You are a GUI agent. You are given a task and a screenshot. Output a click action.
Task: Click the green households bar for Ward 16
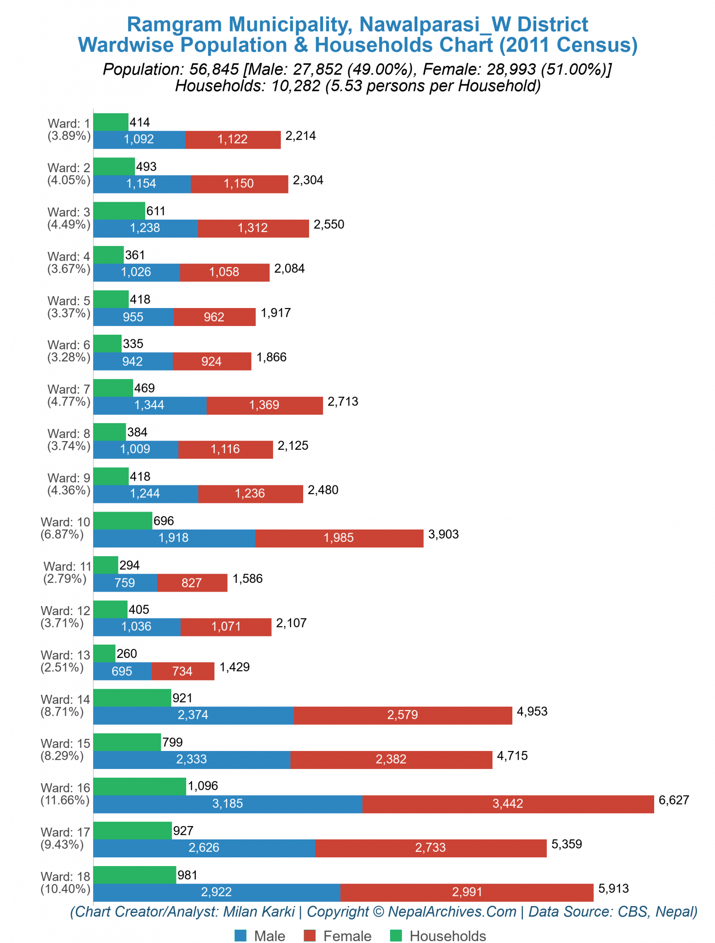pos(140,786)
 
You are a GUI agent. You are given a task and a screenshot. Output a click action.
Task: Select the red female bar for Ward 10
pos(339,538)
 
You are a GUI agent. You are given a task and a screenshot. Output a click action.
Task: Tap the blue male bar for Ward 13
pos(122,671)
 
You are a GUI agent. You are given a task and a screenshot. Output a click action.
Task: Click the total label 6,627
pos(674,800)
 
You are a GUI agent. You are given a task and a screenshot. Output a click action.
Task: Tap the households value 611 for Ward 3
pos(156,211)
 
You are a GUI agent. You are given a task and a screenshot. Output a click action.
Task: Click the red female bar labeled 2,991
pos(467,892)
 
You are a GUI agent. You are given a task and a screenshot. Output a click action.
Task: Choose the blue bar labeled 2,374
pos(193,715)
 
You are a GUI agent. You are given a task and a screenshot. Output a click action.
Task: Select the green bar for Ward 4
pos(108,255)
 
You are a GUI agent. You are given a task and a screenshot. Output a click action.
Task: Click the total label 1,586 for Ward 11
pos(247,579)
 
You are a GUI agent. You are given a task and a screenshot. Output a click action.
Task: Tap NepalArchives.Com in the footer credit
pos(452,912)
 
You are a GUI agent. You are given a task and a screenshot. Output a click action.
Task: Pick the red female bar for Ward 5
pos(214,317)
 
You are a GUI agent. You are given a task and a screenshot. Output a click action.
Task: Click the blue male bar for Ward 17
pos(204,848)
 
